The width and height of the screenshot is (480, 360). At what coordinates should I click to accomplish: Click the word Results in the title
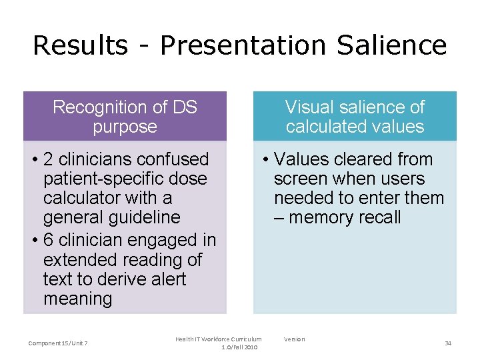click(x=79, y=45)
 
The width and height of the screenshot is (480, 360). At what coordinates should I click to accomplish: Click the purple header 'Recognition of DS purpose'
click(x=125, y=117)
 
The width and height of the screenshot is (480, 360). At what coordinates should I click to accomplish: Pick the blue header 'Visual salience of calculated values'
click(x=355, y=117)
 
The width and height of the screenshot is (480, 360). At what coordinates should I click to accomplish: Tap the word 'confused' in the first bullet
click(x=175, y=159)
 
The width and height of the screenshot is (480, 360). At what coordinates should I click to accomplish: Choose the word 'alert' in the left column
click(x=164, y=279)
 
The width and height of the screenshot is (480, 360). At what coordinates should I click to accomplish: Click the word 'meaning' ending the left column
click(x=77, y=299)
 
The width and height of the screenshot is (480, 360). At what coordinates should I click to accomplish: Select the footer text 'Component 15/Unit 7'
click(x=58, y=343)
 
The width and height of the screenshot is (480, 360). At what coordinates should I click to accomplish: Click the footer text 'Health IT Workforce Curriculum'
click(x=218, y=339)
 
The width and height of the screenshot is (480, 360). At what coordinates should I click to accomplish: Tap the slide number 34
click(x=448, y=343)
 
